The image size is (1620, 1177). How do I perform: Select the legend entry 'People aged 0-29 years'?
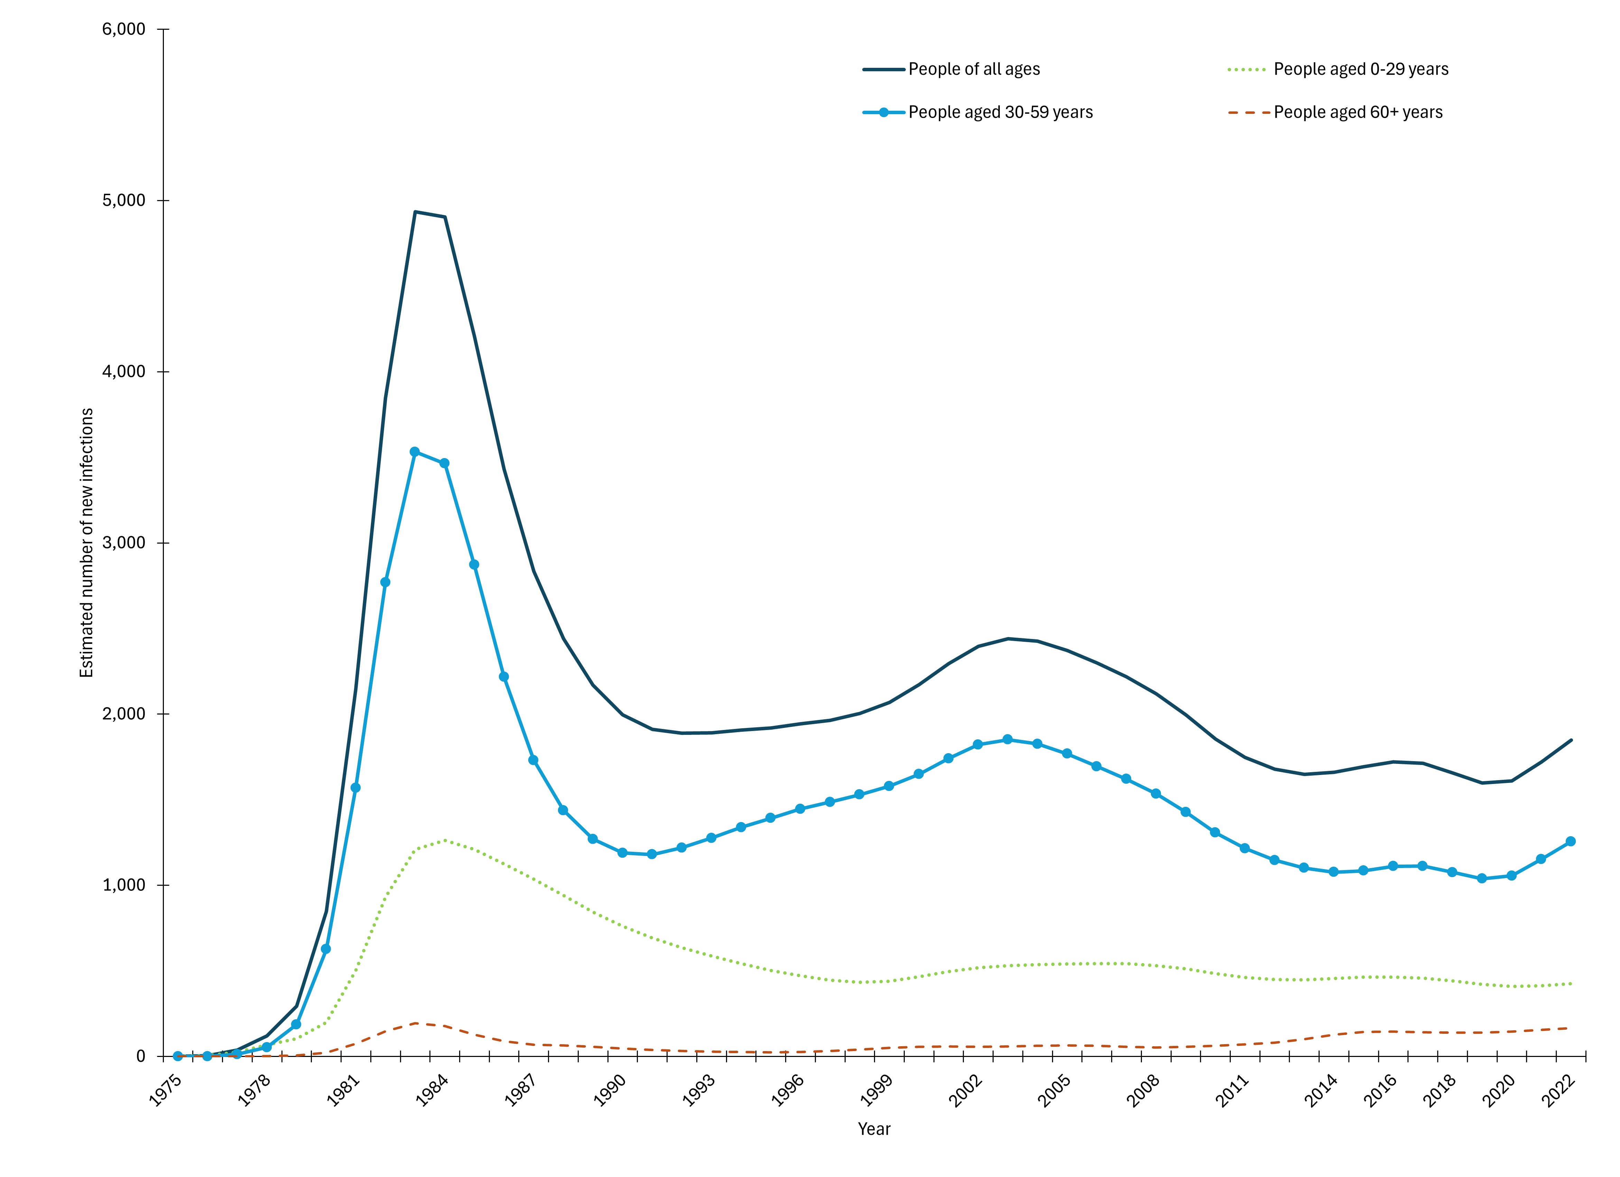(x=1361, y=69)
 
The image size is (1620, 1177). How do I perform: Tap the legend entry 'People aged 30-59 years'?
(x=1000, y=112)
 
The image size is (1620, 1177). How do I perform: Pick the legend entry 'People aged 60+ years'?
(x=1358, y=112)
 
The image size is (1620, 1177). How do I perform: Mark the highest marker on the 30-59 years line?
(x=414, y=451)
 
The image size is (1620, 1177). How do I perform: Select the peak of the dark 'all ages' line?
(x=415, y=211)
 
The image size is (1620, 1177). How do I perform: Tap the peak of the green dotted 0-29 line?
(x=445, y=840)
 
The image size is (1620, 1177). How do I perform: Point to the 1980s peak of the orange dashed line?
(x=416, y=1023)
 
